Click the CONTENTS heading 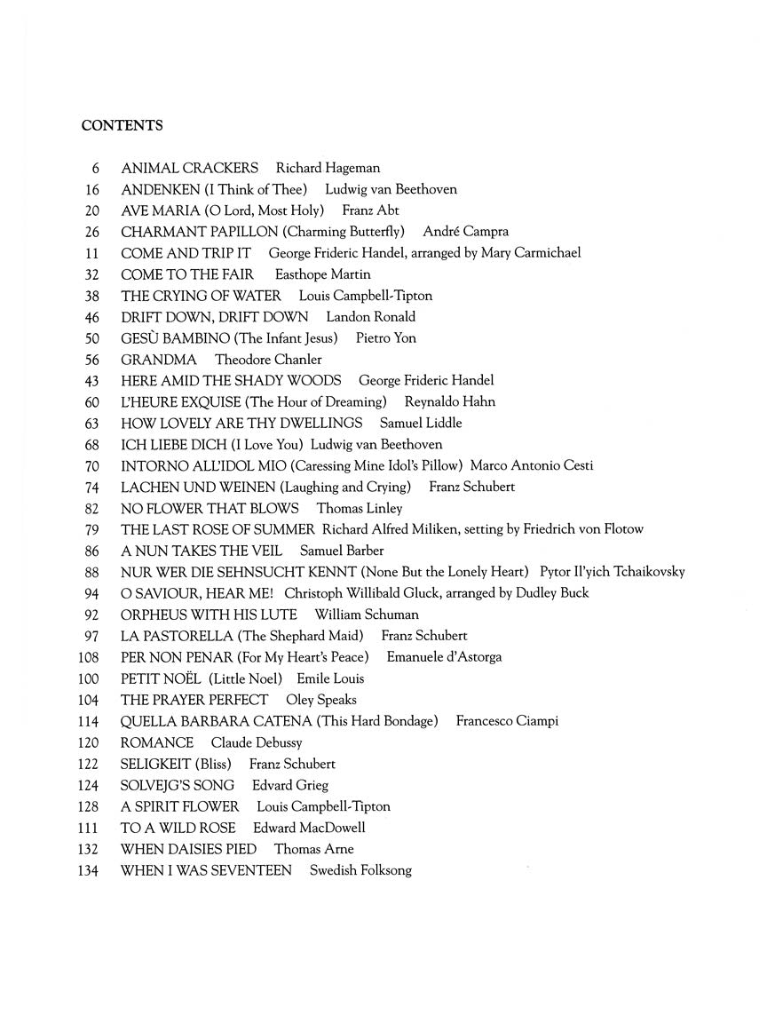tap(122, 126)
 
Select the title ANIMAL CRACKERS tap(189, 168)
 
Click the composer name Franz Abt tap(370, 210)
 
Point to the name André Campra tap(466, 232)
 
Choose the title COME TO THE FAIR tap(187, 274)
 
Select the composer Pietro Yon tap(385, 338)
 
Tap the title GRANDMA tap(159, 360)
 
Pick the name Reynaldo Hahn tap(450, 401)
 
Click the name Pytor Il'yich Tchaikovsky tap(612, 572)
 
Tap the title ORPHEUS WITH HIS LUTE tap(209, 615)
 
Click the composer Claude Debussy tap(257, 742)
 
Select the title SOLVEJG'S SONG tap(178, 785)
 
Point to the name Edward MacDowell tap(309, 828)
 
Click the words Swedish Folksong tap(360, 870)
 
